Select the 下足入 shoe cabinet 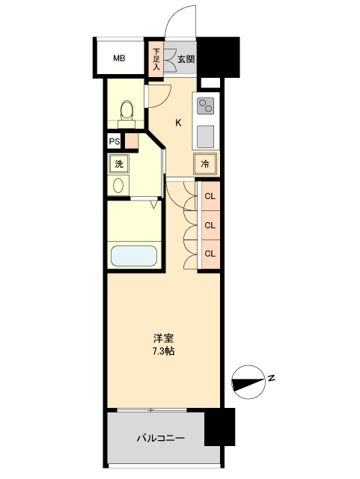(156, 59)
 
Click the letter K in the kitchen (178, 123)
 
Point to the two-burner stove (207, 105)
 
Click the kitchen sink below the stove (207, 136)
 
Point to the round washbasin (119, 186)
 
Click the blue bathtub (134, 255)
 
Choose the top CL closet (210, 197)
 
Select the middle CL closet (210, 225)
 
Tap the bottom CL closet (210, 253)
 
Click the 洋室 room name (162, 338)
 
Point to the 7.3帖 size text (162, 351)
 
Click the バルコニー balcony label (160, 438)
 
